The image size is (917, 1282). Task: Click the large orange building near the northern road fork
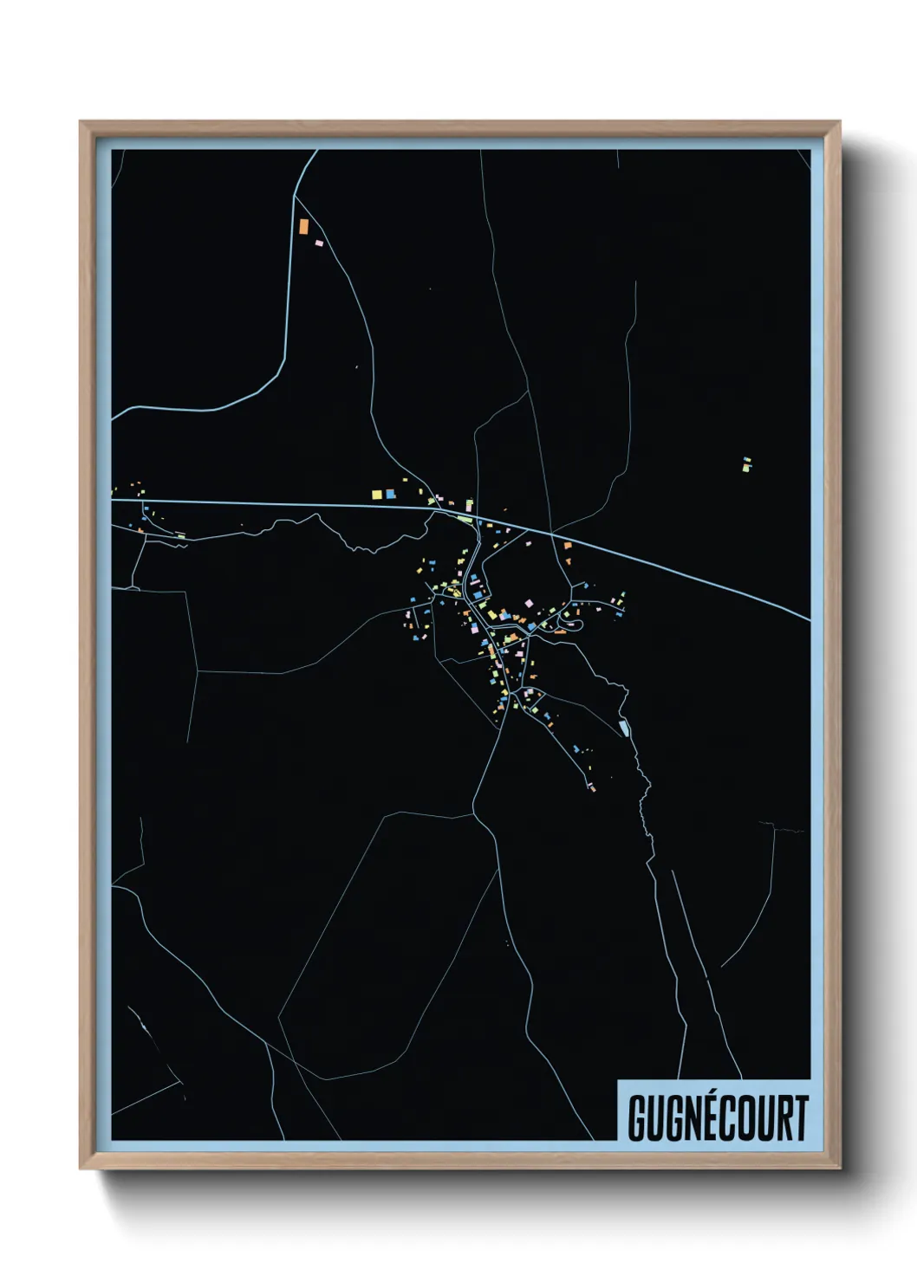pos(303,226)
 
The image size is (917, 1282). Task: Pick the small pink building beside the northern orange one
pos(318,243)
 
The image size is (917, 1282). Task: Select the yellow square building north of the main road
pos(376,495)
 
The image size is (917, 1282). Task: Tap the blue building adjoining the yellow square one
pos(390,494)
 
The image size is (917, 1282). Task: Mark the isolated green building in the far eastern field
pos(746,464)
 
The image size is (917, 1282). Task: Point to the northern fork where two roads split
pos(296,197)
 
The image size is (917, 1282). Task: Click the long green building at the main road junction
pos(465,519)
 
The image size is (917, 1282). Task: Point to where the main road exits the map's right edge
pos(809,619)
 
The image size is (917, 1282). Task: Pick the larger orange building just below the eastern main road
pos(567,546)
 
